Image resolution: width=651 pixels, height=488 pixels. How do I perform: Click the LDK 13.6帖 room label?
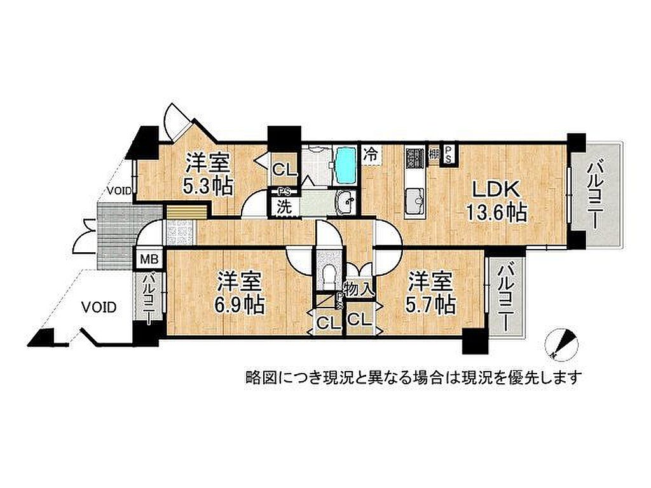click(497, 201)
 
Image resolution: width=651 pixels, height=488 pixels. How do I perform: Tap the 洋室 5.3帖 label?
click(209, 173)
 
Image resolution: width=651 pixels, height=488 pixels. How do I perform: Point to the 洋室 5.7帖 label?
click(430, 292)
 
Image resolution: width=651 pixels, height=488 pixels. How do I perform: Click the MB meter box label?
click(149, 260)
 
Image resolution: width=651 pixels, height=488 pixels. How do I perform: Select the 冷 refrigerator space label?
click(371, 155)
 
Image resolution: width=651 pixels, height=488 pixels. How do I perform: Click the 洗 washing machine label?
click(284, 207)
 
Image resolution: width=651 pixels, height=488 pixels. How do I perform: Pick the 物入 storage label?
click(359, 289)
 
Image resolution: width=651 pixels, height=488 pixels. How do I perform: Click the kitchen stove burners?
click(413, 158)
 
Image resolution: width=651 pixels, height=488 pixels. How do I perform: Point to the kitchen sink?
click(415, 201)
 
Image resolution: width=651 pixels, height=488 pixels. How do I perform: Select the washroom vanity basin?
click(346, 203)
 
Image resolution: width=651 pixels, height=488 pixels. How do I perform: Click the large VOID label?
click(99, 308)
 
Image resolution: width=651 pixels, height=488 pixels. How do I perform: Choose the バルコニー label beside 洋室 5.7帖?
click(504, 298)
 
